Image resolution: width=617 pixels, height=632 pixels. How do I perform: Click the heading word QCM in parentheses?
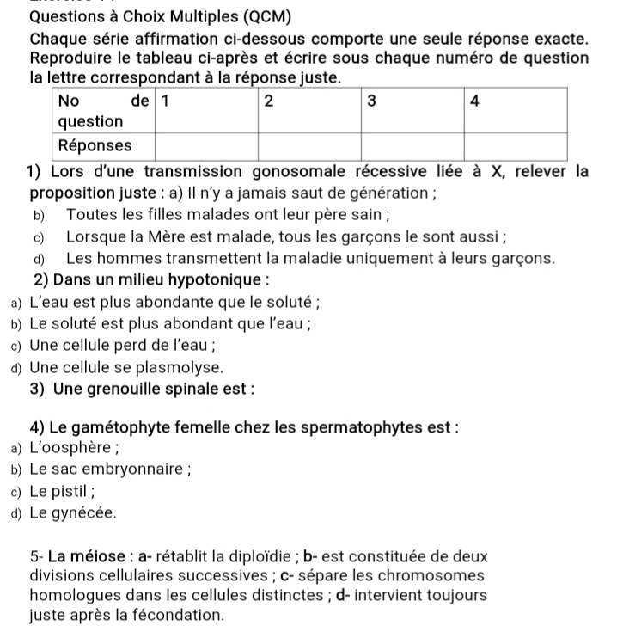tap(262, 17)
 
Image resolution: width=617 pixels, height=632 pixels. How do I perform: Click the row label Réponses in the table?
tap(96, 144)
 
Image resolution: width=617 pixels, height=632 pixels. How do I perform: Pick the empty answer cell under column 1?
tap(205, 144)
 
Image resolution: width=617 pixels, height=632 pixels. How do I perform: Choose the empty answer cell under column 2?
tap(309, 144)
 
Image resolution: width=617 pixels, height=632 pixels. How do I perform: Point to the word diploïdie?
tap(278, 556)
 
